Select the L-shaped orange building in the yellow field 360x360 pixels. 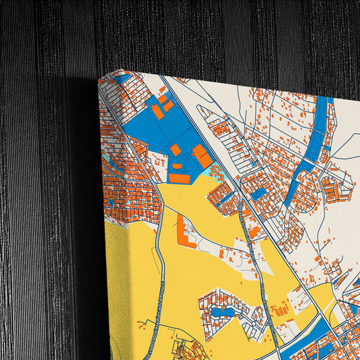pos(183,234)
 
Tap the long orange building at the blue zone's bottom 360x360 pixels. pos(180,178)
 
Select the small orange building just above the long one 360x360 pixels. pos(177,165)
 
